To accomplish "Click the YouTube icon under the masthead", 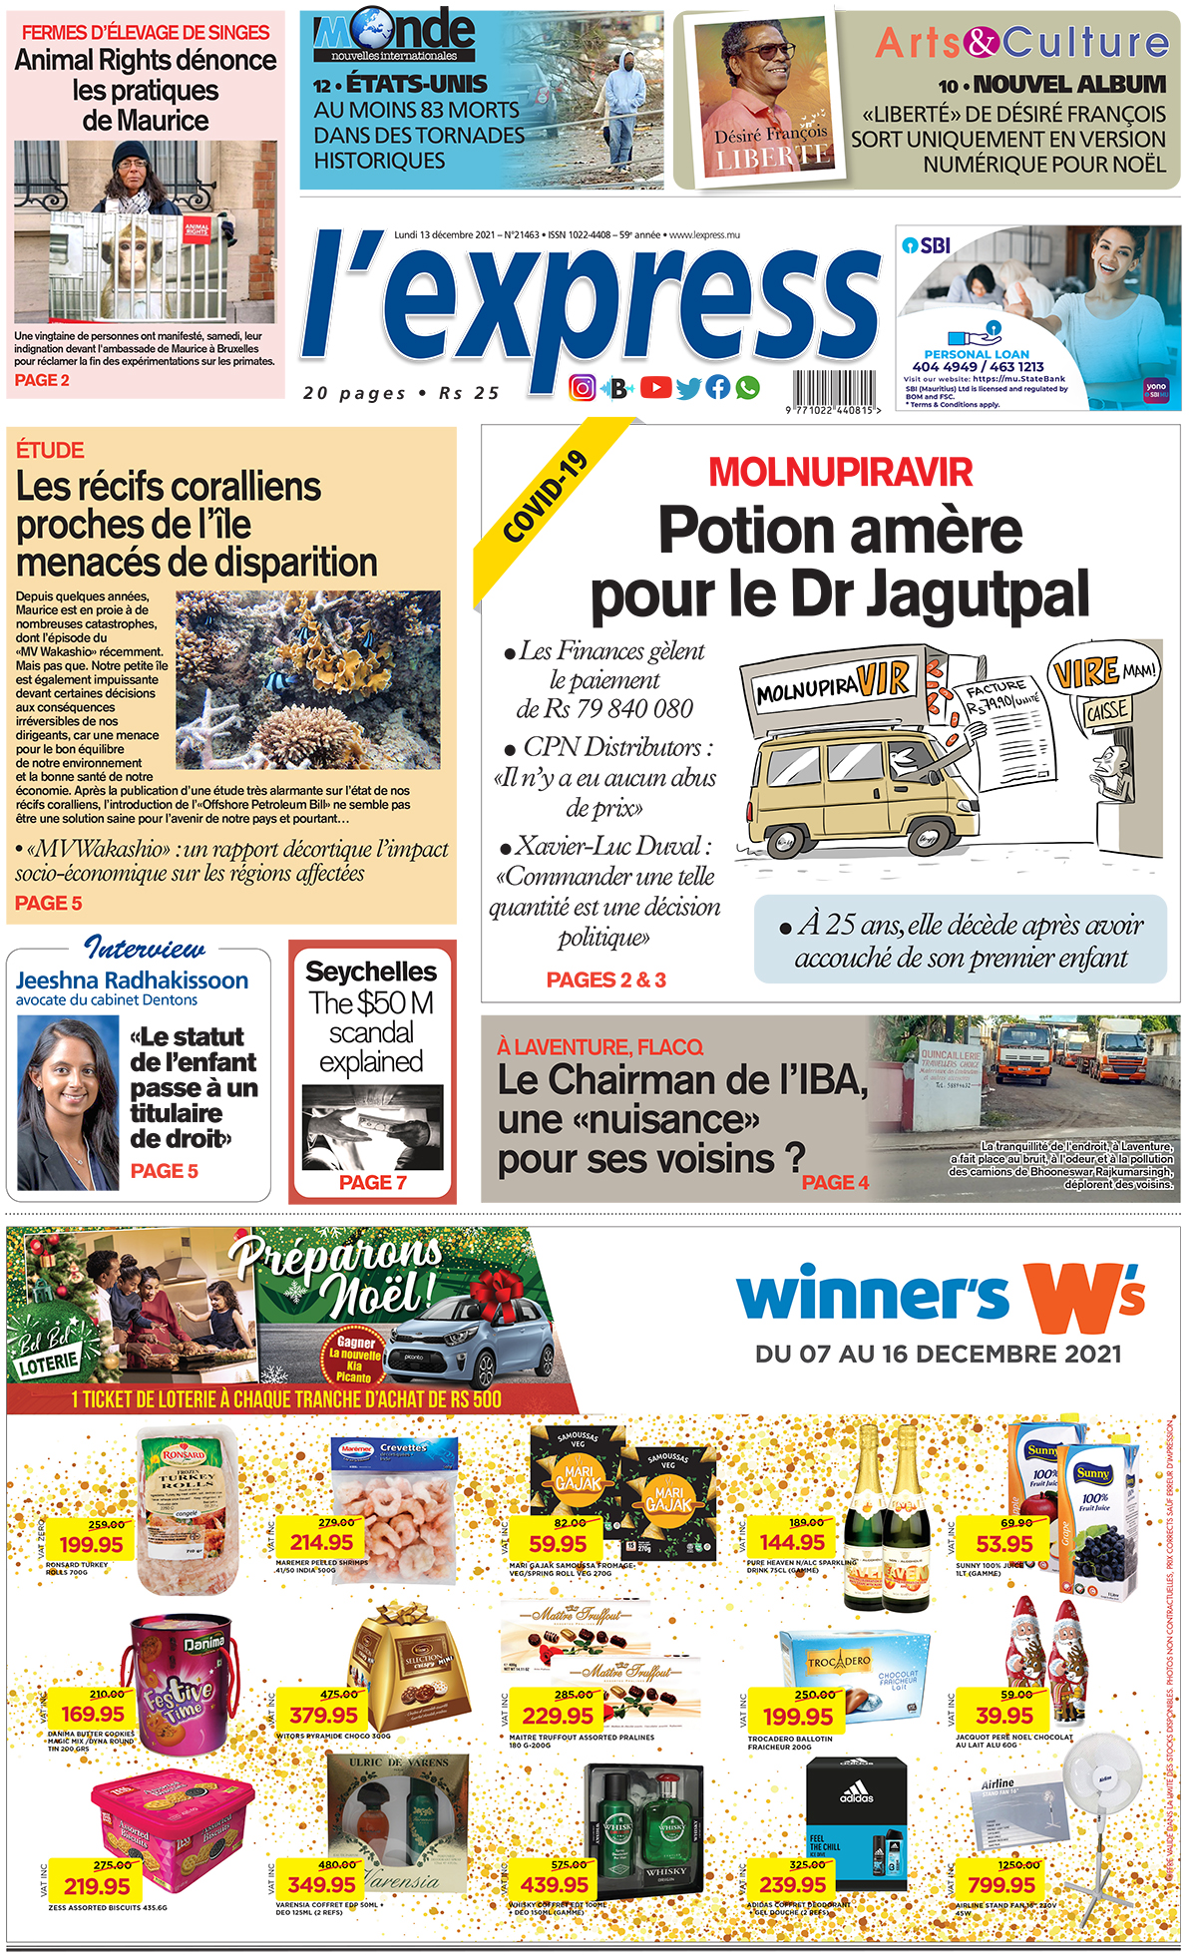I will pos(655,387).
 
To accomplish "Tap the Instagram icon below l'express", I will pos(582,387).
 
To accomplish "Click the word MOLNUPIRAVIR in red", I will pos(840,472).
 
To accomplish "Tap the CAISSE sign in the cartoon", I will pos(1106,711).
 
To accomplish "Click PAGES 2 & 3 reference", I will pos(605,979).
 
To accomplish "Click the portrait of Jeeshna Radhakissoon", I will pos(68,1101).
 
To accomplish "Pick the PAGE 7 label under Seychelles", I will pos(372,1182).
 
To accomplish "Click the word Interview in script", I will pos(145,948).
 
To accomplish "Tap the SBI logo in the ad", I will pos(927,244).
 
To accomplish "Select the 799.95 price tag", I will pos(1000,1884).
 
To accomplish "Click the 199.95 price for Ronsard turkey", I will pos(91,1544).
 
